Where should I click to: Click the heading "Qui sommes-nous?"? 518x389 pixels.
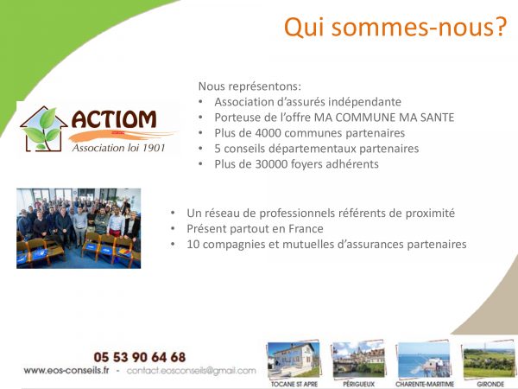[x=395, y=27]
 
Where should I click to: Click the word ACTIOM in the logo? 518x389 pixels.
[x=114, y=119]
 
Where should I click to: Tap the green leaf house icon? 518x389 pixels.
[x=44, y=130]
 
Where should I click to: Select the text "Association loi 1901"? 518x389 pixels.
[x=118, y=148]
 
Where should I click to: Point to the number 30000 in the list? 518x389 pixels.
[x=271, y=164]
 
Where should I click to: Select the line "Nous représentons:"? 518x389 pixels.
[x=250, y=86]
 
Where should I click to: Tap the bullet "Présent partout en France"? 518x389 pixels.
[x=255, y=228]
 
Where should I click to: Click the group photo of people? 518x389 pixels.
[x=79, y=228]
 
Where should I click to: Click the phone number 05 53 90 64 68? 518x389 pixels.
[x=140, y=357]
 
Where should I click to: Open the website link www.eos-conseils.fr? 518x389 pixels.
[x=66, y=371]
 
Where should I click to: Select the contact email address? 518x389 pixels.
[x=192, y=371]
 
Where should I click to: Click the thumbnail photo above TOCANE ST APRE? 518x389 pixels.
[x=294, y=360]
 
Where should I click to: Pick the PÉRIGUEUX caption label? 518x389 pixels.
[x=359, y=384]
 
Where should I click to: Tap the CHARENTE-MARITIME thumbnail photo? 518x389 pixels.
[x=424, y=360]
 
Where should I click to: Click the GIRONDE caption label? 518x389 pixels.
[x=490, y=384]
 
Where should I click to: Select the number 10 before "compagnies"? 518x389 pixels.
[x=193, y=245]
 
